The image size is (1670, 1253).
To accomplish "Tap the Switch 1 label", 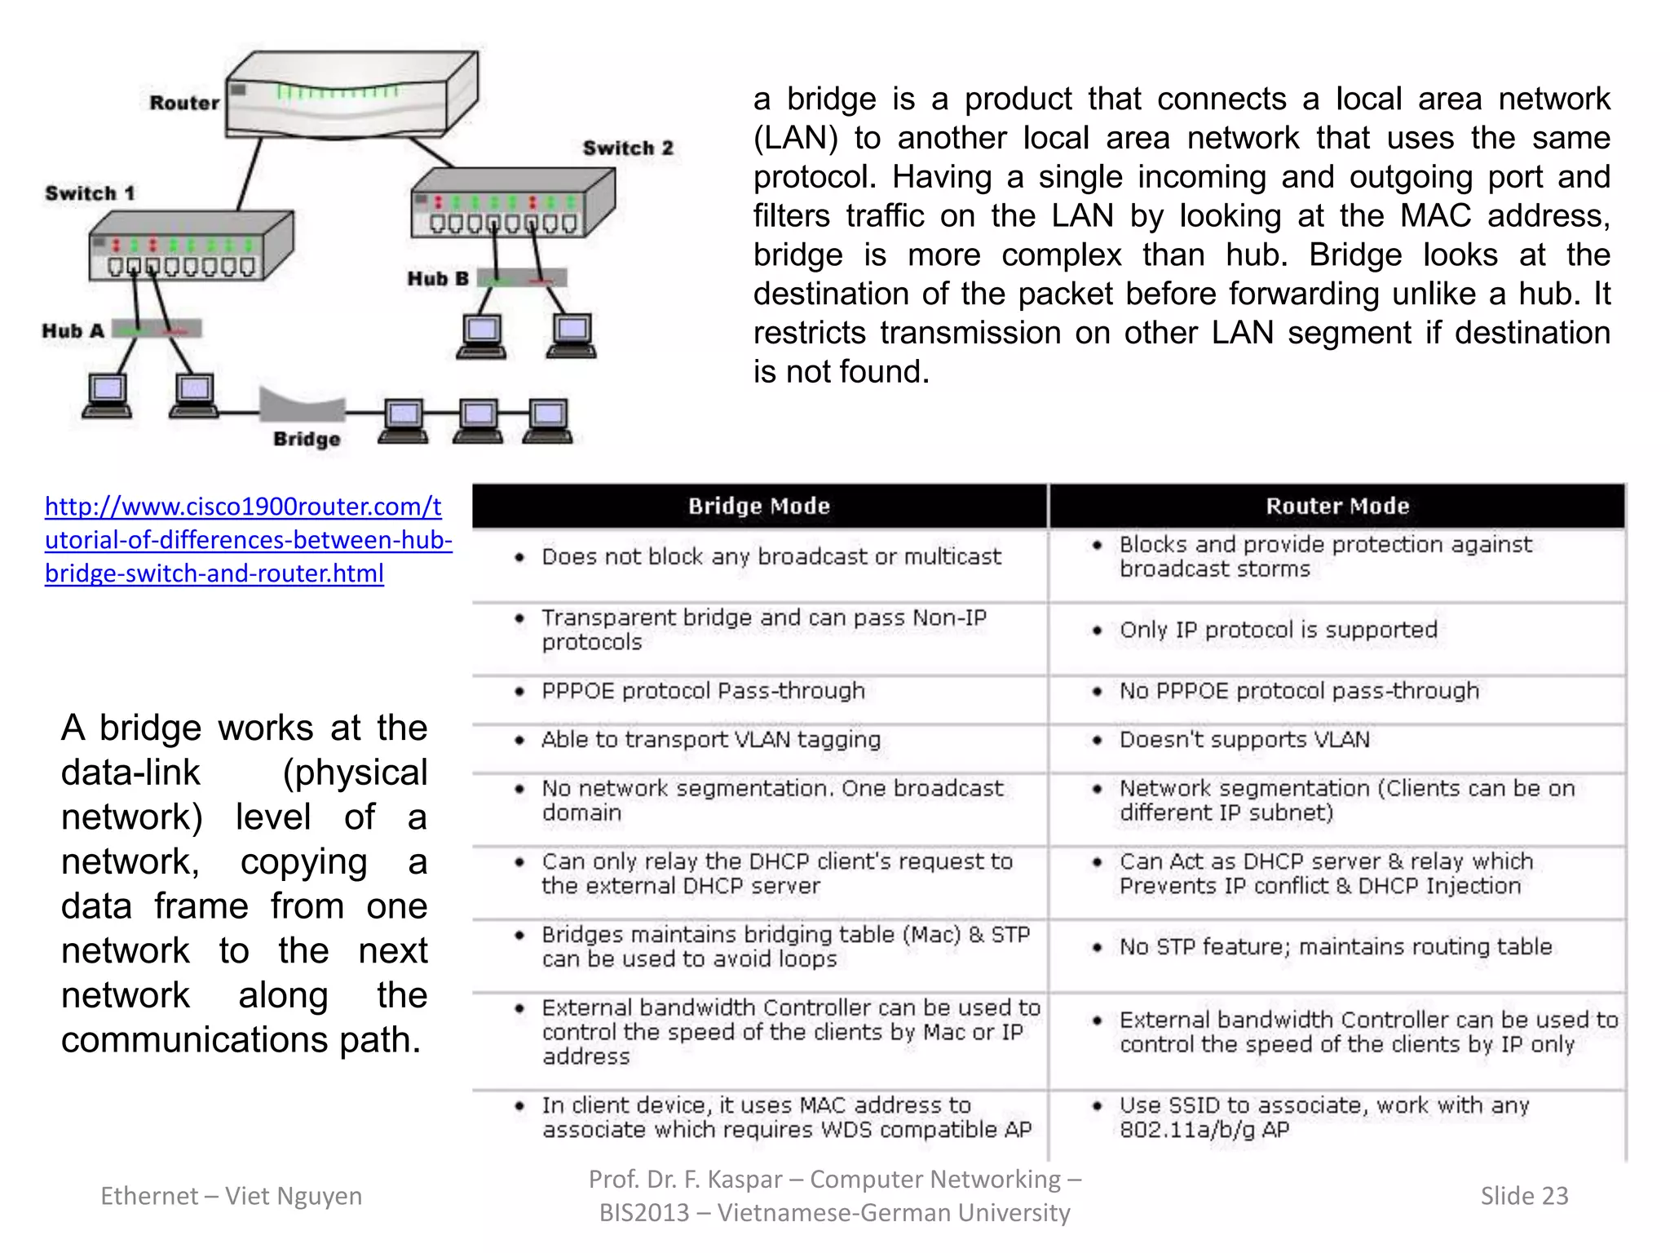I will (x=90, y=193).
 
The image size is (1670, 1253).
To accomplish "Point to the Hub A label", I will (x=73, y=331).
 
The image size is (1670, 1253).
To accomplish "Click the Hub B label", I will (x=438, y=279).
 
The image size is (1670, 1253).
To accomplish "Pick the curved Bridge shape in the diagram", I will (x=302, y=405).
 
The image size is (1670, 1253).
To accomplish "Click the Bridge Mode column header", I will (x=758, y=506).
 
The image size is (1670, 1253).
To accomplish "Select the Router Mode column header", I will (x=1336, y=506).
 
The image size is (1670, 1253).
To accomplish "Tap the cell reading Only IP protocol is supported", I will (x=1278, y=630).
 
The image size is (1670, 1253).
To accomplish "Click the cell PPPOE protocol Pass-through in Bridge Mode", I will (x=703, y=691).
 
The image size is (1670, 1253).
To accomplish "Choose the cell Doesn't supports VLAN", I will (x=1244, y=740).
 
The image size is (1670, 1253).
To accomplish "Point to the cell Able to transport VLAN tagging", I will (x=711, y=740).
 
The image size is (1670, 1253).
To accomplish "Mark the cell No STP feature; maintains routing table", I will (x=1335, y=947).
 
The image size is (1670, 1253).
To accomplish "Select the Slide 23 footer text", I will (x=1523, y=1196).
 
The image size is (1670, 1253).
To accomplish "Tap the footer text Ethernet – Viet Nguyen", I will (x=231, y=1196).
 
